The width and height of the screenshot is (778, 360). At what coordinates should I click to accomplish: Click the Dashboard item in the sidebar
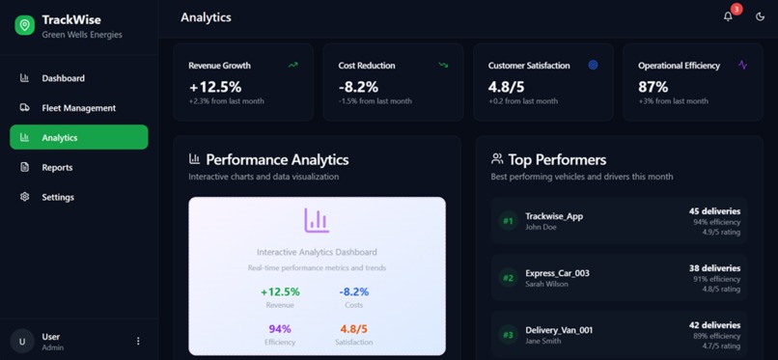pos(63,78)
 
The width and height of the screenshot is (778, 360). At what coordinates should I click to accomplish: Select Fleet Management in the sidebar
pos(77,108)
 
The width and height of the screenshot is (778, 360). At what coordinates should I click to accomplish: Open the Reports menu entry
pos(57,167)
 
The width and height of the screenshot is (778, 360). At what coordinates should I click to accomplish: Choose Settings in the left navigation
pos(57,197)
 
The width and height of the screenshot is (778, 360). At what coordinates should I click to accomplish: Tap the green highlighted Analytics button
pos(78,137)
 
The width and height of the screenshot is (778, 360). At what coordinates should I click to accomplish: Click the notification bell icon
pos(728,16)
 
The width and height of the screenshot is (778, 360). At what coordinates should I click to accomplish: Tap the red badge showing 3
pos(736,10)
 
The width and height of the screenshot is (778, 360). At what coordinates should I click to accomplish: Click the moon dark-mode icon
pos(760,16)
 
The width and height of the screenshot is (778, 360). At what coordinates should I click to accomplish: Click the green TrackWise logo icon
pos(24,26)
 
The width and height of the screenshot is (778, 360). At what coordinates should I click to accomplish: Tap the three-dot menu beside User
pos(138,341)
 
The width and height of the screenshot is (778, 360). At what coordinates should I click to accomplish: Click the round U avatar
pos(22,342)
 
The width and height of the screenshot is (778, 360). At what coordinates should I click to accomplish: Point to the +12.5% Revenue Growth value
pos(215,87)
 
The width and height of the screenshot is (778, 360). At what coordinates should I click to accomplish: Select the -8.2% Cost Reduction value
pos(359,87)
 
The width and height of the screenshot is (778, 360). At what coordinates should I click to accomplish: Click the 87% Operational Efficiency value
pos(653,87)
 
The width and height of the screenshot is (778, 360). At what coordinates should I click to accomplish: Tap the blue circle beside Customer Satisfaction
pos(593,65)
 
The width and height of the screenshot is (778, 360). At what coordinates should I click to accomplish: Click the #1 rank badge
pos(508,221)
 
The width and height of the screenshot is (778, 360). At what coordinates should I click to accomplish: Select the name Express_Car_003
pos(557,273)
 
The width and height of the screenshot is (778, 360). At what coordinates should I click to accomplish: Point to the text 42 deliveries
pos(714,325)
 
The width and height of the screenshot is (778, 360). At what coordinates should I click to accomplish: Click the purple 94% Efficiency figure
pos(280,329)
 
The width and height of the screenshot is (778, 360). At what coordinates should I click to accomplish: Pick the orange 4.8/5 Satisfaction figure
pos(353,329)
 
